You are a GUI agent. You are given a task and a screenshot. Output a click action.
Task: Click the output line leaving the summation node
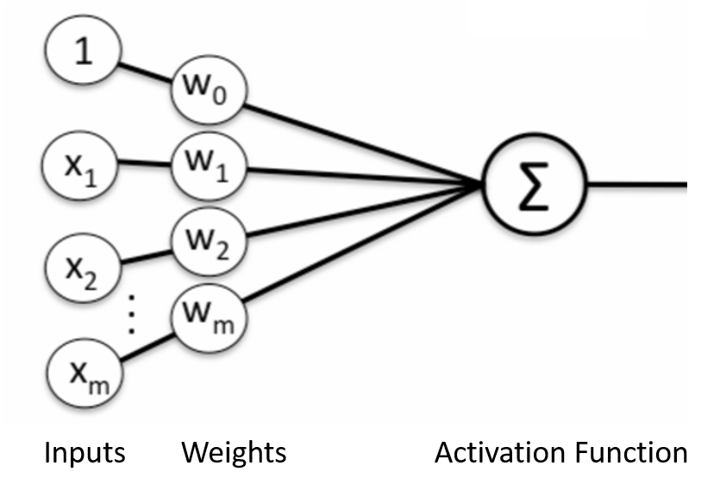tap(638, 184)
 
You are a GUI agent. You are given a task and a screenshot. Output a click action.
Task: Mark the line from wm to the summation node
tap(362, 245)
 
